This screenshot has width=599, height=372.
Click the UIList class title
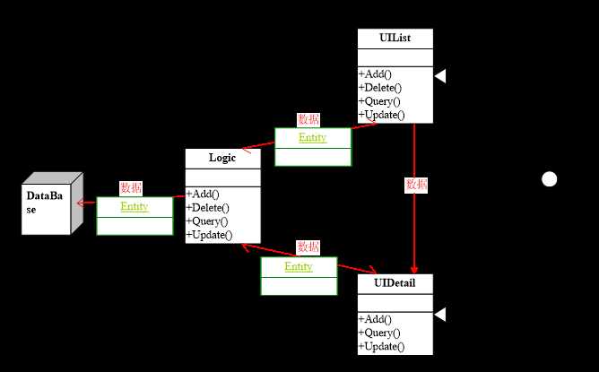click(395, 38)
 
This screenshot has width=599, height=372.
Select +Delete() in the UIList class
click(380, 88)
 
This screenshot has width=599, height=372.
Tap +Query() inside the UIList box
click(380, 101)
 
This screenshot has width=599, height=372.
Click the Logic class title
click(222, 158)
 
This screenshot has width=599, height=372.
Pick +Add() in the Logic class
click(204, 194)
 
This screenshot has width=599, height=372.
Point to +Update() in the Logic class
click(209, 235)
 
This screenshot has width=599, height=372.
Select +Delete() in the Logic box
click(208, 208)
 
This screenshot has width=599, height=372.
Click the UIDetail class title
click(395, 283)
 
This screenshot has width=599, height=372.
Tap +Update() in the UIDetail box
click(381, 346)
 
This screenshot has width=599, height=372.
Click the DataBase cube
click(48, 203)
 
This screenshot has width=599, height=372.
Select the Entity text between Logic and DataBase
click(135, 206)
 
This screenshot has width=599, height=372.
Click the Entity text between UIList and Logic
click(313, 137)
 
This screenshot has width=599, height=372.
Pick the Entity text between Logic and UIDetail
click(299, 267)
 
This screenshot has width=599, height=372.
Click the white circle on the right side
click(550, 179)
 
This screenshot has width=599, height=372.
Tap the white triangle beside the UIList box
click(439, 77)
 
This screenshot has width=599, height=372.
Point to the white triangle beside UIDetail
click(439, 313)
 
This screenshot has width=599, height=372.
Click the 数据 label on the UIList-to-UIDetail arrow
click(416, 186)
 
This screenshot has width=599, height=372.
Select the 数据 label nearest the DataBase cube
click(131, 188)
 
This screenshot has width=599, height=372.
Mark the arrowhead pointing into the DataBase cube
click(81, 203)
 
